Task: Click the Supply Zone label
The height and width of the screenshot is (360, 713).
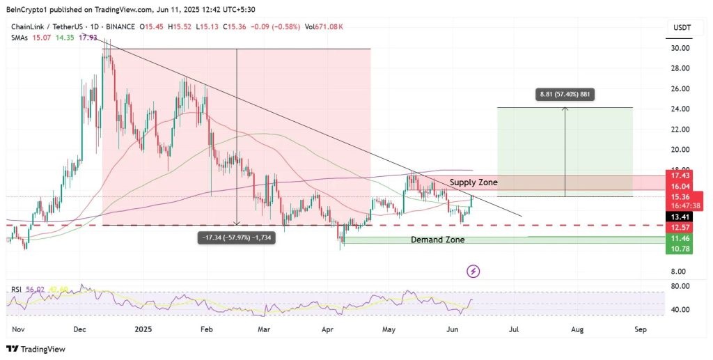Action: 473,182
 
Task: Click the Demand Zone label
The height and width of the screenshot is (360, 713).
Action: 437,240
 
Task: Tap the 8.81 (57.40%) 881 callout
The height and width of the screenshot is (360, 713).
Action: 565,95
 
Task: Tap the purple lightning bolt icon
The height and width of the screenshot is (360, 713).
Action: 473,271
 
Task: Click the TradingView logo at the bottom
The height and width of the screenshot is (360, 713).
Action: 36,350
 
